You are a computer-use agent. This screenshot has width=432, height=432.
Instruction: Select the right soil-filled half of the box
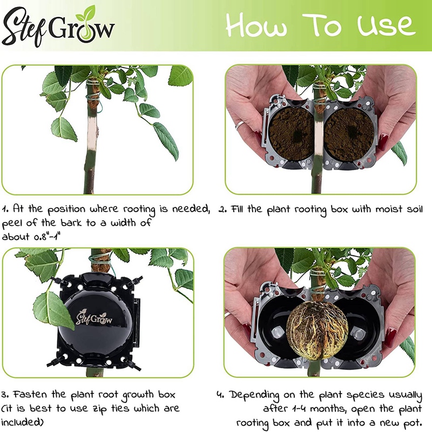click(x=348, y=134)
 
